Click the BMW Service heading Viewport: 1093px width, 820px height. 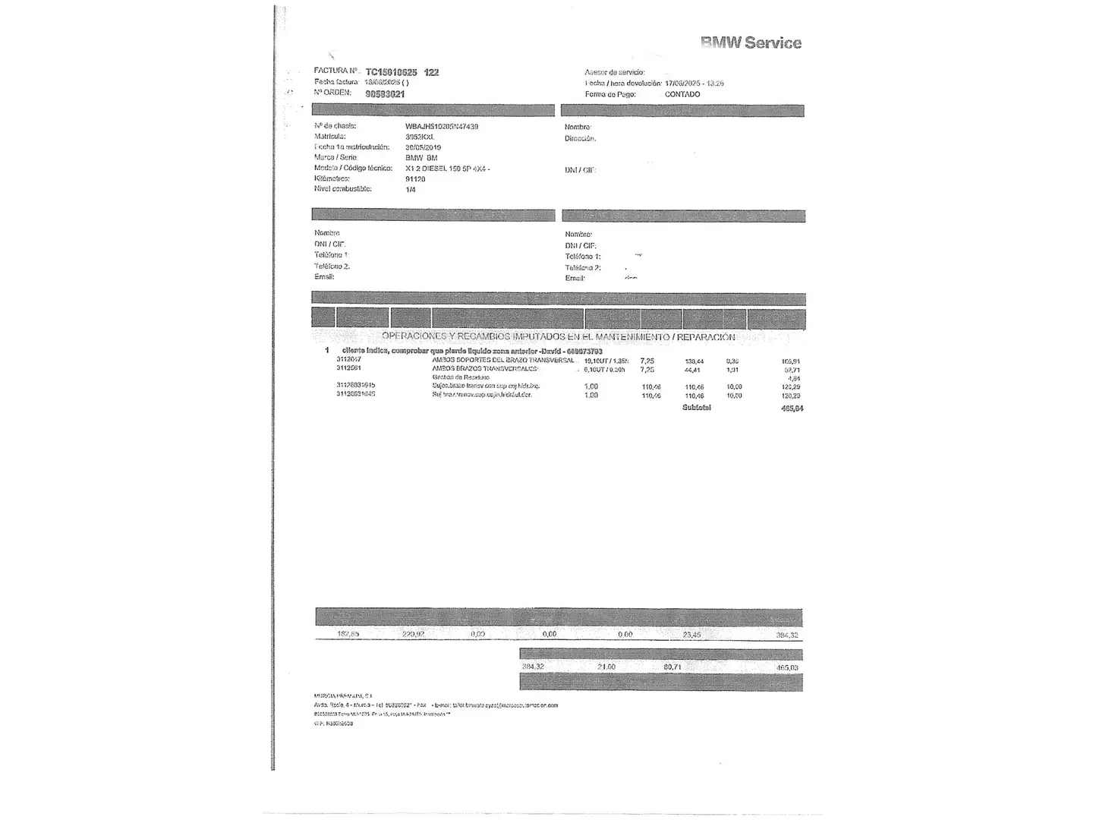click(x=751, y=43)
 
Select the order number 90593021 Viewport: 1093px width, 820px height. click(x=385, y=94)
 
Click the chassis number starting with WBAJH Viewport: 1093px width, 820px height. click(x=442, y=126)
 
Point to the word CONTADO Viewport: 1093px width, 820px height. click(x=682, y=94)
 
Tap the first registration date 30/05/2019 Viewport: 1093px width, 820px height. click(x=423, y=147)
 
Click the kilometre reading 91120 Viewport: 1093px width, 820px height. click(x=415, y=179)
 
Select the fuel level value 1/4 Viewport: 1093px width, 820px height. click(x=411, y=190)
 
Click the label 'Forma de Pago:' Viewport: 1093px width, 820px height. click(x=609, y=94)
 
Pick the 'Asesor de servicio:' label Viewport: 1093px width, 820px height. click(x=614, y=72)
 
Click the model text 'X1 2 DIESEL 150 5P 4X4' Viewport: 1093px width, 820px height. click(x=446, y=169)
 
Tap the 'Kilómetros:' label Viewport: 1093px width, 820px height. click(x=332, y=179)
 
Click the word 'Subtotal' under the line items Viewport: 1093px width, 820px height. click(x=696, y=408)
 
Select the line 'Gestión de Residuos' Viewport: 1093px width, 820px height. click(x=461, y=377)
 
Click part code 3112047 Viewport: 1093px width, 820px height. click(x=349, y=360)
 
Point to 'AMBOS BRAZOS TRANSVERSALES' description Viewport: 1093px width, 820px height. click(x=485, y=369)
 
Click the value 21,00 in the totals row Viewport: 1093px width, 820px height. click(x=606, y=667)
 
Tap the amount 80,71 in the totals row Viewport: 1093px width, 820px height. click(x=672, y=667)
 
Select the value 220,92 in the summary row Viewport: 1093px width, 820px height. click(x=413, y=634)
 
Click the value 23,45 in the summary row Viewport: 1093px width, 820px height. click(x=691, y=634)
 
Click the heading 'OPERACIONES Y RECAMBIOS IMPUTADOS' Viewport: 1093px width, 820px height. click(x=558, y=336)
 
